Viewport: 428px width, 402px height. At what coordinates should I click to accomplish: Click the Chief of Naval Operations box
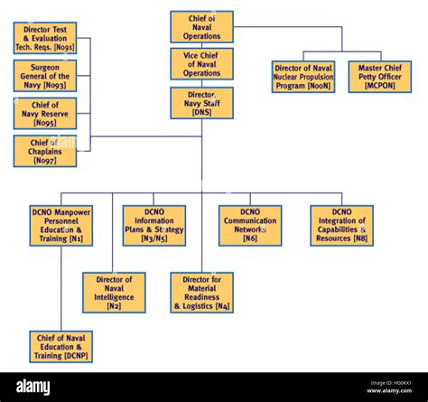[201, 27]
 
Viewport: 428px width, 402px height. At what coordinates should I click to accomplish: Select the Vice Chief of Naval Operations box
[201, 65]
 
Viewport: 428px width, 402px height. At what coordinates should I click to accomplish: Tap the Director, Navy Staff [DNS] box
[201, 103]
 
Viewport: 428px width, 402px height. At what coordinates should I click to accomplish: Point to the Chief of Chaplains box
[45, 152]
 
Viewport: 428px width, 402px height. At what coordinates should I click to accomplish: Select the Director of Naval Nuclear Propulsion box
[303, 77]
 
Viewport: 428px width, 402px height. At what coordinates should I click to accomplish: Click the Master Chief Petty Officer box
[379, 77]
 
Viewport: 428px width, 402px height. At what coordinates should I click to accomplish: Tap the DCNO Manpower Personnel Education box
[60, 226]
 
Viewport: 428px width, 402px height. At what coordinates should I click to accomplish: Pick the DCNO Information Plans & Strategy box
[154, 226]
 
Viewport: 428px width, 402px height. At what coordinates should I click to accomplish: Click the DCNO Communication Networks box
[250, 226]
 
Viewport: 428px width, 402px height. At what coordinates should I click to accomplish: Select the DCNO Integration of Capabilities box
[341, 226]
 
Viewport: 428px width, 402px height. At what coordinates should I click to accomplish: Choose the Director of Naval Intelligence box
[114, 293]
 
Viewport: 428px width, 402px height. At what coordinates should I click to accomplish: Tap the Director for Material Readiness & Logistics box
[201, 293]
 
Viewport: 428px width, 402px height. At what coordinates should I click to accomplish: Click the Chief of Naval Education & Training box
[60, 347]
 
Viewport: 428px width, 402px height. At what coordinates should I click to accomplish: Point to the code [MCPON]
[379, 86]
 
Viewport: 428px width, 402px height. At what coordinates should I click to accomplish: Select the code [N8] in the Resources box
[359, 239]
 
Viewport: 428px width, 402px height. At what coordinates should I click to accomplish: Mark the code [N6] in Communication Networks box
[250, 239]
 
